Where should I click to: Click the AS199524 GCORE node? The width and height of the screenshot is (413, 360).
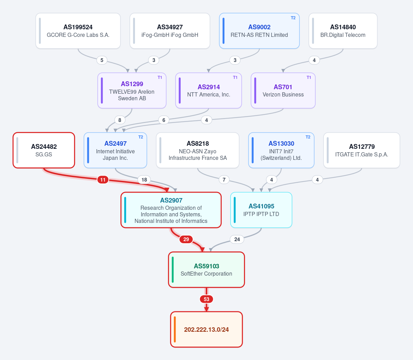tap(78, 31)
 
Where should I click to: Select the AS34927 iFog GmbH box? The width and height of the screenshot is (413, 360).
tap(170, 31)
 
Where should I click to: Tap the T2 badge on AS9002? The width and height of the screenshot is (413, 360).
tap(293, 18)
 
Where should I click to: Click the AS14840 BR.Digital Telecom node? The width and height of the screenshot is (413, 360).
tap(343, 31)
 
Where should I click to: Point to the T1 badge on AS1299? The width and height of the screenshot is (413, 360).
tap(160, 78)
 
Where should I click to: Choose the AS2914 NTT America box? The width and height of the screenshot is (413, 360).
tap(209, 91)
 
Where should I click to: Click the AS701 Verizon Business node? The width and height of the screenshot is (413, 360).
tap(283, 91)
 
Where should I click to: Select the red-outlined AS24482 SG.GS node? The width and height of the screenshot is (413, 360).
tap(44, 150)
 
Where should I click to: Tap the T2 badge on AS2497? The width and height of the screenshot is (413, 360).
tap(141, 137)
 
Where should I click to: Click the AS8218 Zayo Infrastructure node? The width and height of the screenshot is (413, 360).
tap(198, 150)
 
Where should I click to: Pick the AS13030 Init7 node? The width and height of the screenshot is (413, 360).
tap(281, 150)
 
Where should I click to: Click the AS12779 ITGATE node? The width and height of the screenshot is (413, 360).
tap(362, 150)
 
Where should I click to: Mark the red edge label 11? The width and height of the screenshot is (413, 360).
tap(103, 179)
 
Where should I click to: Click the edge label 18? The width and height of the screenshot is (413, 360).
tap(144, 179)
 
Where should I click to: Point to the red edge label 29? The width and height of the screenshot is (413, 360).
tap(186, 239)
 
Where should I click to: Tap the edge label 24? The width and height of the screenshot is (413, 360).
tap(237, 239)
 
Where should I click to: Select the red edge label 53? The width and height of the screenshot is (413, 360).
tap(206, 299)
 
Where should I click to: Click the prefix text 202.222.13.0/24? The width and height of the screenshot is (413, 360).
tap(206, 329)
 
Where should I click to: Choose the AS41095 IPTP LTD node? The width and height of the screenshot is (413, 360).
tap(261, 210)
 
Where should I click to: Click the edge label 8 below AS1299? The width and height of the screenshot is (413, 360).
tap(120, 120)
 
